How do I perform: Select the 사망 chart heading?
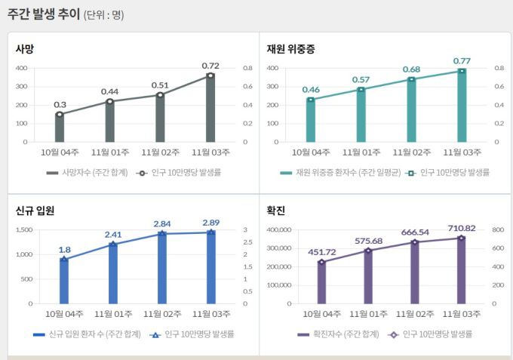pyautogui.click(x=25, y=49)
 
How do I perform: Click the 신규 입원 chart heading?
pyautogui.click(x=34, y=211)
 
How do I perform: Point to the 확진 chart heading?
pyautogui.click(x=275, y=211)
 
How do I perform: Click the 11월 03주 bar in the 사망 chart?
pyautogui.click(x=210, y=109)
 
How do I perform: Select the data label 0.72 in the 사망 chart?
pyautogui.click(x=210, y=66)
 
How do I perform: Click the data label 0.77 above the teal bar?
pyautogui.click(x=462, y=60)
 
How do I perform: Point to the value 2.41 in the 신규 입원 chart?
pyautogui.click(x=112, y=234)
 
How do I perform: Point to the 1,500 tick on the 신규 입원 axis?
pyautogui.click(x=23, y=229)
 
